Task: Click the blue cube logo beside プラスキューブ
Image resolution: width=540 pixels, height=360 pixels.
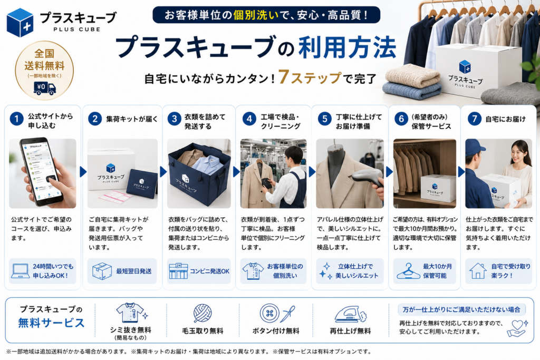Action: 20,23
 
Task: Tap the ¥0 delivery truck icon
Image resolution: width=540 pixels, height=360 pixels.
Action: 44,88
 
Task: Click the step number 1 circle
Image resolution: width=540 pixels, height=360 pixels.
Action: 16,119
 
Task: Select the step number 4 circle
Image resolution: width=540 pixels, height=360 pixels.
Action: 249,119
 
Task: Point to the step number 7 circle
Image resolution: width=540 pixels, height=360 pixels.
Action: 475,119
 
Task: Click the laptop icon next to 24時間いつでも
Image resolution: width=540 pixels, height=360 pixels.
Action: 21,271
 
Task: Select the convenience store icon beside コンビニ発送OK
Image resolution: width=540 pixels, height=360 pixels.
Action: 178,271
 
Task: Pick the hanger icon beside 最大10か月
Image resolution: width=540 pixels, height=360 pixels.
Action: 408,271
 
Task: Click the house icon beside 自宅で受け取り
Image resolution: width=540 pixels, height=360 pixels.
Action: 478,271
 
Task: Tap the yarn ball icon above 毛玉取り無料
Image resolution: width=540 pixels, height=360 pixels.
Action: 202,313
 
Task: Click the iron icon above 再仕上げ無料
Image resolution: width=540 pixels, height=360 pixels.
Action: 351,314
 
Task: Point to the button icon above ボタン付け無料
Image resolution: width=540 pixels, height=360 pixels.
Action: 269,313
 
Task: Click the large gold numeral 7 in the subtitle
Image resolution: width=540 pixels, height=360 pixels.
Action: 284,77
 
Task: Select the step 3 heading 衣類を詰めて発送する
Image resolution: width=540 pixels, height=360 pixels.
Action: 205,121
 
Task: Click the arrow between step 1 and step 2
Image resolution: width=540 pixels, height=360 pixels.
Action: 83,172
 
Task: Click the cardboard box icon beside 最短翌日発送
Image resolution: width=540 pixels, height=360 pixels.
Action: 102,271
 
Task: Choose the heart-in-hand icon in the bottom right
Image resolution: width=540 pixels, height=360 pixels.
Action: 517,328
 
